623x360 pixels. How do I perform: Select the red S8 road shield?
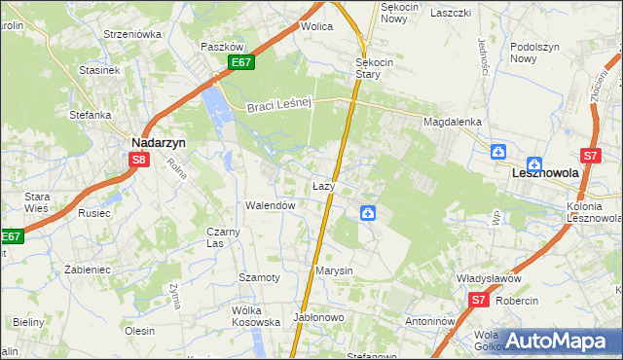[x=140, y=161]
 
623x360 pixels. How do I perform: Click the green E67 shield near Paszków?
[x=242, y=63]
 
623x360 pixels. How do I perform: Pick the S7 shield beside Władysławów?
[x=477, y=301]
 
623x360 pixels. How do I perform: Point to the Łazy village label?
[x=324, y=185]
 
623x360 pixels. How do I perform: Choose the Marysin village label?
[x=334, y=270]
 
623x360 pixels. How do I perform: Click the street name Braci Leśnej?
[x=277, y=107]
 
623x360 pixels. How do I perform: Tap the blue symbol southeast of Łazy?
[x=369, y=213]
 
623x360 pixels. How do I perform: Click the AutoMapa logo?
[x=556, y=342]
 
